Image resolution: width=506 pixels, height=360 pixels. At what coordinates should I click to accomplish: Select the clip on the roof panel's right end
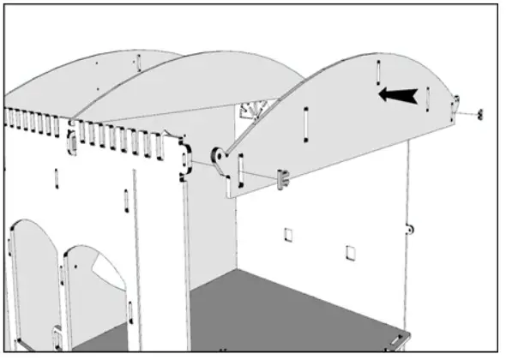[x=455, y=105]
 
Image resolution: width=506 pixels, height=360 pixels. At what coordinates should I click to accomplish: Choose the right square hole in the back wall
[x=350, y=252]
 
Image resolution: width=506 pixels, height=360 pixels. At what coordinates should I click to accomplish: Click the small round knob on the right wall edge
[x=411, y=229]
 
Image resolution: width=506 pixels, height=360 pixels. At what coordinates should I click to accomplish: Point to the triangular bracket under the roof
[x=255, y=111]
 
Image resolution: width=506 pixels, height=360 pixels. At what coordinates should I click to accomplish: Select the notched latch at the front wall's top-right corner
[x=183, y=159]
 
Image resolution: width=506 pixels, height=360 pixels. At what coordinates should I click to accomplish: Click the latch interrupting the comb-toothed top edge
[x=72, y=136]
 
